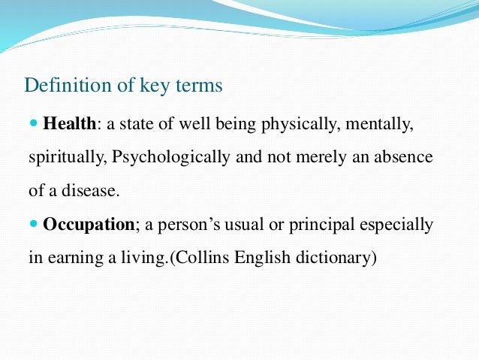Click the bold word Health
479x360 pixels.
click(x=70, y=124)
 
